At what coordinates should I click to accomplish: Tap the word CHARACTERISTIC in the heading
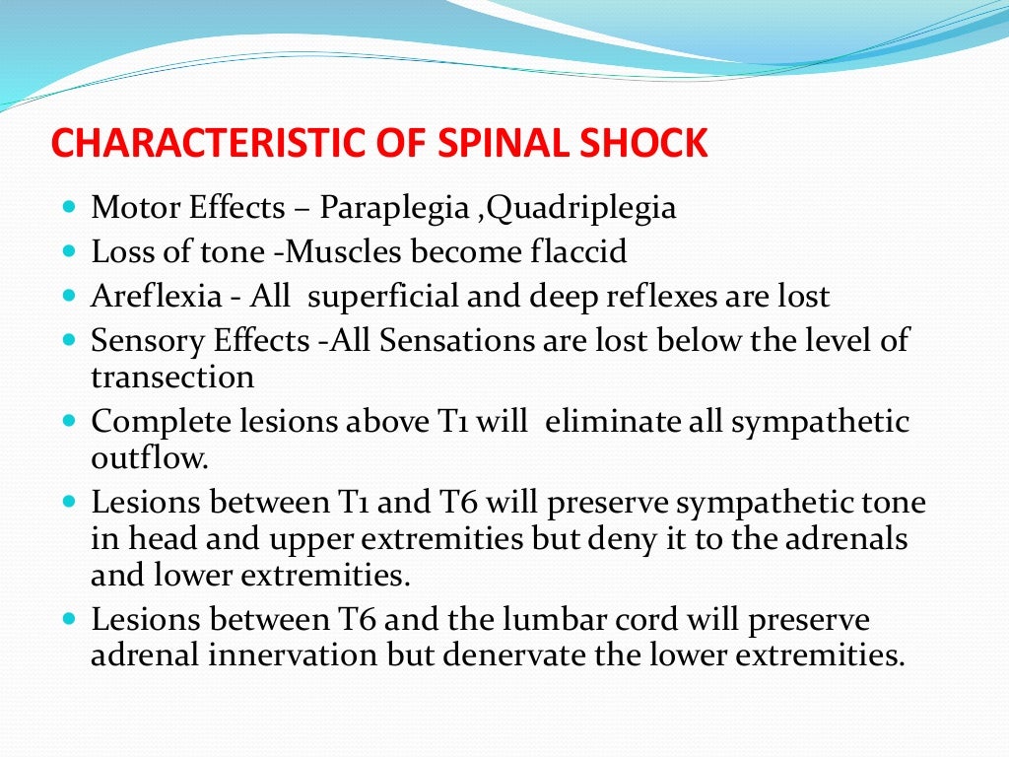[x=199, y=144]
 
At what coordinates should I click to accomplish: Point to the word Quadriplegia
[x=581, y=209]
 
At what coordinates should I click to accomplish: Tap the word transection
[x=172, y=378]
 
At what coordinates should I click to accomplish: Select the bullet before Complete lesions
[x=68, y=421]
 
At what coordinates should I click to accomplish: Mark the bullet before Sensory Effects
[x=68, y=340]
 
